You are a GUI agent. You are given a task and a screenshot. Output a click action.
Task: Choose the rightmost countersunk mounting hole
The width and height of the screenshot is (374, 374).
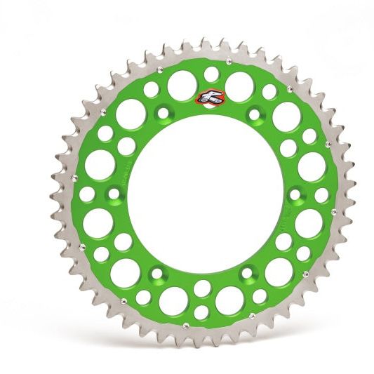click(x=294, y=194)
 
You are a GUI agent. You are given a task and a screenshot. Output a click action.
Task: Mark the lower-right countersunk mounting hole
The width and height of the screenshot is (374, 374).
click(x=248, y=271)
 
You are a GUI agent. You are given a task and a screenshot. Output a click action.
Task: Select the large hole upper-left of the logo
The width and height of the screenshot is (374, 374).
click(x=181, y=84)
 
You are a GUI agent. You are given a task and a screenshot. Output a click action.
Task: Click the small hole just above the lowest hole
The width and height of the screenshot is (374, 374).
click(x=202, y=288)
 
